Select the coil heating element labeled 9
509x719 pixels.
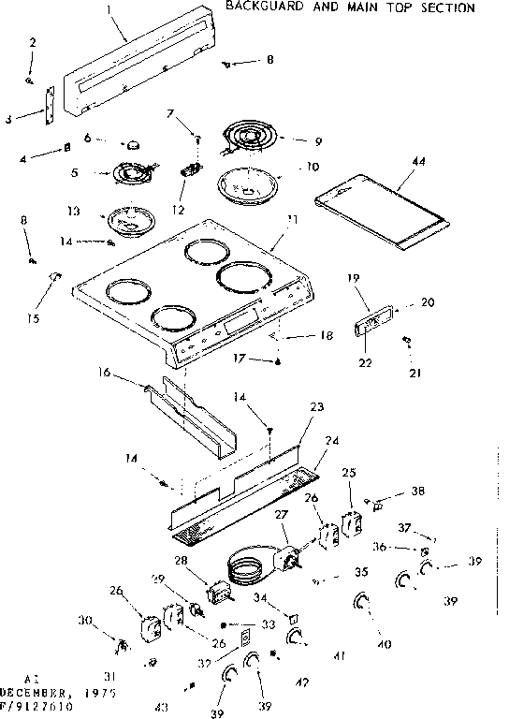[x=247, y=138]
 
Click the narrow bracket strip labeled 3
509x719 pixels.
[x=48, y=102]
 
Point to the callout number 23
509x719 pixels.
[x=316, y=407]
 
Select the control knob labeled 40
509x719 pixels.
[x=363, y=604]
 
